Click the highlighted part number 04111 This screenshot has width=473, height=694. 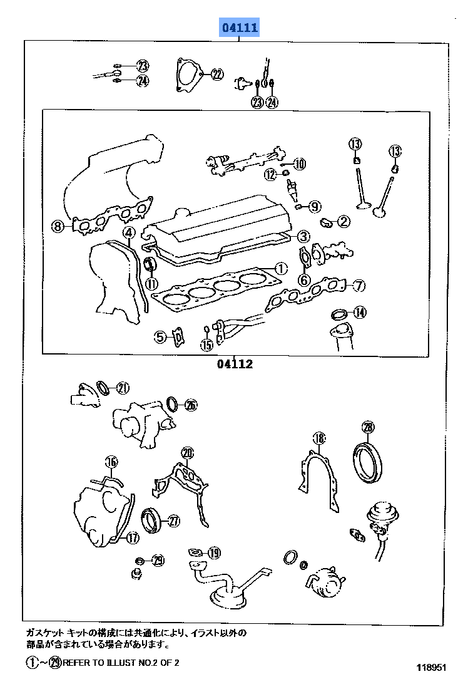click(x=238, y=28)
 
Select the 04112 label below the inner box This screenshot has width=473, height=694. click(x=235, y=364)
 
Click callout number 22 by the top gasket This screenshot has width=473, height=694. click(x=216, y=75)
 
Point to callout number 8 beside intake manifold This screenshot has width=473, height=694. click(x=58, y=226)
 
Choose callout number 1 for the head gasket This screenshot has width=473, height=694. click(x=280, y=268)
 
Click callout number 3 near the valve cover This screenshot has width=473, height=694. click(x=303, y=236)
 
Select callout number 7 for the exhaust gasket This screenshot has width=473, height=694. click(x=358, y=286)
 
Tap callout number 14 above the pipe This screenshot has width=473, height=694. click(x=359, y=313)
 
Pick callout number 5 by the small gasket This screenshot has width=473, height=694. click(x=161, y=337)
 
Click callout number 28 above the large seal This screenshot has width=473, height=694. click(x=368, y=427)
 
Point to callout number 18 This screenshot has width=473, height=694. click(x=319, y=438)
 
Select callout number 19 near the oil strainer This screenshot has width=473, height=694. click(x=214, y=552)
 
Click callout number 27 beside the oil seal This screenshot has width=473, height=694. click(x=173, y=520)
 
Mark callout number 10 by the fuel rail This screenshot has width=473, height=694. click(x=299, y=164)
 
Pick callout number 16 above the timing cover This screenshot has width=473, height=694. click(x=111, y=462)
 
